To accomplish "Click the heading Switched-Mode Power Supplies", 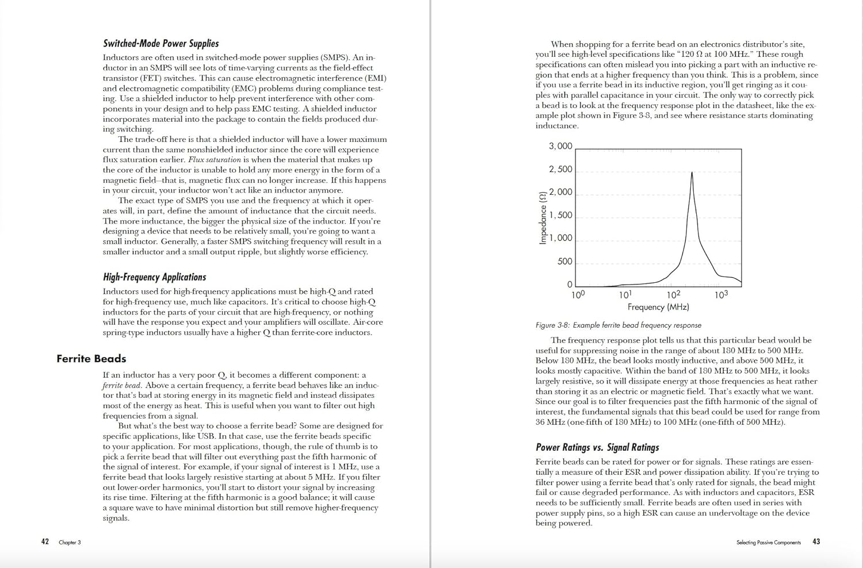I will (161, 44).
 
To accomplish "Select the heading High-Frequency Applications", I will (154, 277).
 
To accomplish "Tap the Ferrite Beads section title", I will (91, 359).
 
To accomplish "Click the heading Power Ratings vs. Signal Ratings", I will (597, 447).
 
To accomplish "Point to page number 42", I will (45, 542).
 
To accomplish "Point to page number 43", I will (816, 542).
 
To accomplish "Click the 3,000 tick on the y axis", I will (560, 147).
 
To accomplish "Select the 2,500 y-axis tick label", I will (560, 170).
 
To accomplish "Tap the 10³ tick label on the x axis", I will (721, 295).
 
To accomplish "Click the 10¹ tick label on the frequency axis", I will (625, 295).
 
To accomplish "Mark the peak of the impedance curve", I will (692, 172).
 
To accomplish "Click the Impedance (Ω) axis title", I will (543, 218).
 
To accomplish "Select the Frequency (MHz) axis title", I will (658, 307).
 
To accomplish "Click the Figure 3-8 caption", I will (618, 325).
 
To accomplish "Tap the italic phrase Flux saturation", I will (215, 160).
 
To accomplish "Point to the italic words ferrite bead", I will (123, 386).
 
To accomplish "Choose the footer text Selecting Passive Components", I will (768, 542).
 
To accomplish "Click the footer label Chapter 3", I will (70, 542).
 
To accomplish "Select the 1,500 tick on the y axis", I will (560, 216).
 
